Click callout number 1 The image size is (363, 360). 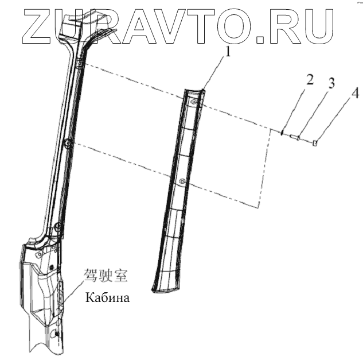228,53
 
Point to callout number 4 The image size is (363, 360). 355,93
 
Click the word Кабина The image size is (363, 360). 108,298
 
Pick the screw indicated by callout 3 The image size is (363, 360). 296,137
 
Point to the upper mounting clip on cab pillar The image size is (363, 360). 80,64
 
